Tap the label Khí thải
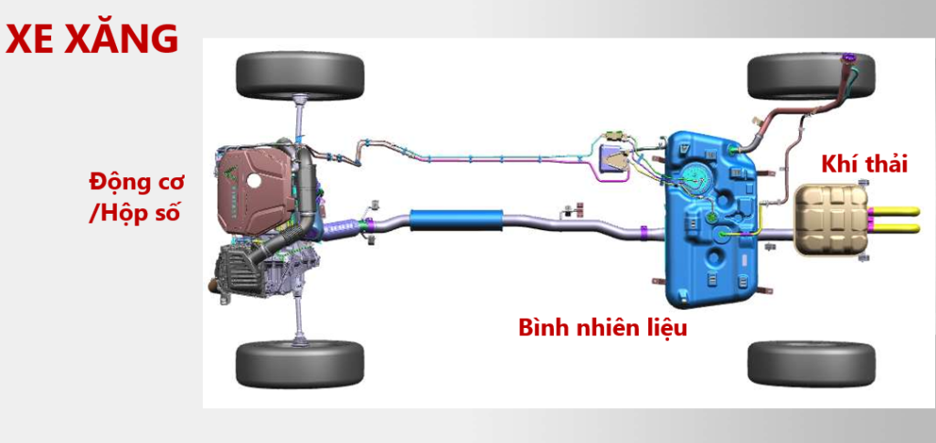click(x=865, y=164)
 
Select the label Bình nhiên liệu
click(x=602, y=327)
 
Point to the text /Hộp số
click(x=133, y=213)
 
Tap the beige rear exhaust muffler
click(x=830, y=219)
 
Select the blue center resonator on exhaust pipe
click(x=455, y=219)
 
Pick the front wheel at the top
click(x=300, y=76)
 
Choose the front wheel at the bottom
click(x=300, y=364)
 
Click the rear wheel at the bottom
click(x=812, y=364)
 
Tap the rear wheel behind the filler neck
click(x=812, y=76)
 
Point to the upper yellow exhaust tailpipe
click(x=895, y=211)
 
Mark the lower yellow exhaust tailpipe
click(x=895, y=227)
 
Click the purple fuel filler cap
click(x=848, y=58)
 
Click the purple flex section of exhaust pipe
click(x=341, y=226)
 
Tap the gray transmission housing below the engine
click(x=267, y=271)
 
